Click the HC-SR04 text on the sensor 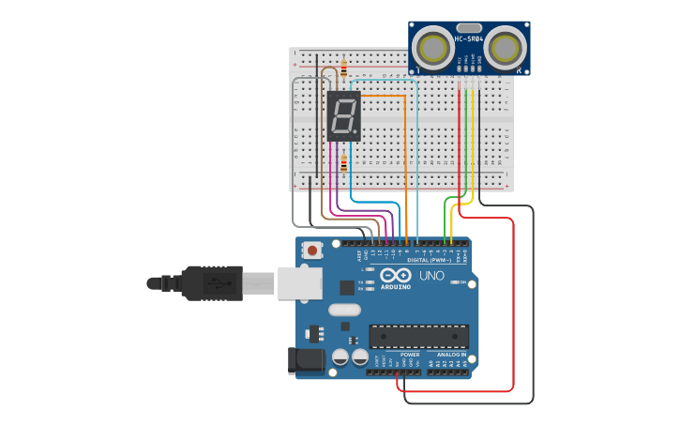[x=468, y=39]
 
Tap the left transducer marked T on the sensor [x=432, y=47]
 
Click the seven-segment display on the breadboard [x=343, y=116]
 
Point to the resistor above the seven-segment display [x=343, y=68]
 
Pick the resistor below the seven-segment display [x=343, y=165]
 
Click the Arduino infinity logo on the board [x=396, y=277]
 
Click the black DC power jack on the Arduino [x=306, y=360]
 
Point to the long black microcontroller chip [x=418, y=336]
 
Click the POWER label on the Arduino [x=410, y=356]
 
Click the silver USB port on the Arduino [x=299, y=282]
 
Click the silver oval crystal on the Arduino [x=344, y=310]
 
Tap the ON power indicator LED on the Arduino [x=454, y=282]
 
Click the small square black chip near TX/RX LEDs [x=348, y=288]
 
